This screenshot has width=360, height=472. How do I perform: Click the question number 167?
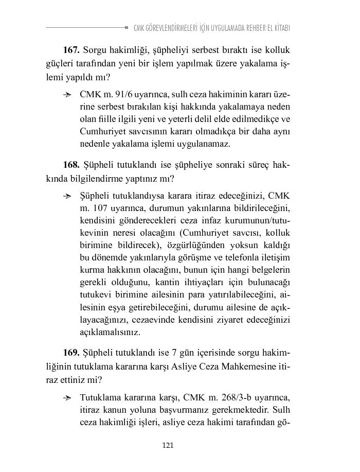click(x=71, y=51)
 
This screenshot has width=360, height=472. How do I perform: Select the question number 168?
click(x=71, y=165)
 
